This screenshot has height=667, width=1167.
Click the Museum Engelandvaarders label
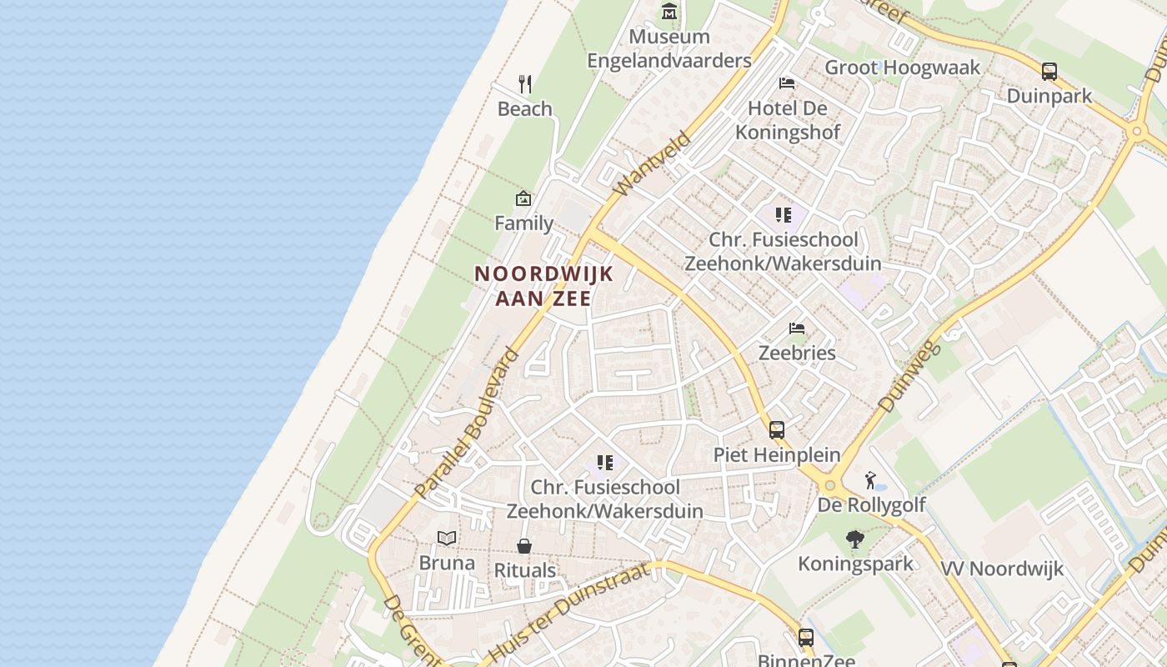tap(669, 48)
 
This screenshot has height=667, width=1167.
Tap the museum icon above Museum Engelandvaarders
tap(669, 12)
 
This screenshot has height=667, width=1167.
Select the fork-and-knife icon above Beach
tap(525, 84)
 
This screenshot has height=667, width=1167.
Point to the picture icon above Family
tap(523, 198)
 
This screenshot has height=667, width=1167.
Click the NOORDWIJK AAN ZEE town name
tap(543, 285)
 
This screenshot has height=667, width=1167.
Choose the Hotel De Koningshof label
tap(788, 120)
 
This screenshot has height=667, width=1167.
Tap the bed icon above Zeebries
tap(797, 328)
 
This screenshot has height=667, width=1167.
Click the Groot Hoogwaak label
tap(902, 68)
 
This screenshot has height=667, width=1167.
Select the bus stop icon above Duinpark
tap(1049, 72)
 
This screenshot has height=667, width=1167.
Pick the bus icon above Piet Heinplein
tap(777, 430)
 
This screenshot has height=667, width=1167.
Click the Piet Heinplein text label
tap(777, 454)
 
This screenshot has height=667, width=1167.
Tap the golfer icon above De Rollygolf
tap(871, 480)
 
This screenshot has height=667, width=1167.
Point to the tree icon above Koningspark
tap(854, 539)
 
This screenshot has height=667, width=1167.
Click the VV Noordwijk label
tap(1002, 569)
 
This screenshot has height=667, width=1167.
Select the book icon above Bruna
tap(447, 538)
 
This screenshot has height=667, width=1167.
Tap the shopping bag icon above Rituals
tap(524, 546)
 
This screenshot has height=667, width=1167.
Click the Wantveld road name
tap(653, 164)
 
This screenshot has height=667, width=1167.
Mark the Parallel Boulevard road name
tap(466, 424)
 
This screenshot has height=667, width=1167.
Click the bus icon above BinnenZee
tap(806, 638)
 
